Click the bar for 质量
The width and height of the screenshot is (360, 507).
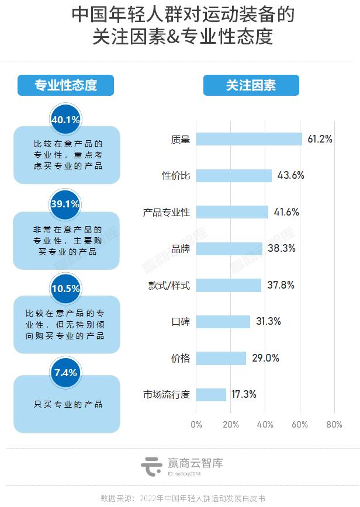tap(249, 139)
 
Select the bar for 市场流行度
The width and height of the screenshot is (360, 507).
tap(211, 394)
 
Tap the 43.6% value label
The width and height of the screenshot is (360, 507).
tap(291, 175)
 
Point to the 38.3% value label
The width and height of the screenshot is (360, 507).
tap(282, 248)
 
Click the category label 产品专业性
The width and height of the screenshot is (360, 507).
tap(167, 212)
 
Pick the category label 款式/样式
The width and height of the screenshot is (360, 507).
tap(169, 285)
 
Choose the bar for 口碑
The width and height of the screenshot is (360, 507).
tap(223, 321)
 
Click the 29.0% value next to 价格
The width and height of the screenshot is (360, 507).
tap(265, 358)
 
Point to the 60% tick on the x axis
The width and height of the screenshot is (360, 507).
tap(299, 425)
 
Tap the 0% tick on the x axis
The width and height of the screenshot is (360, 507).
tap(196, 425)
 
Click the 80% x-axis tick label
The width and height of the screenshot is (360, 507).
tap(334, 425)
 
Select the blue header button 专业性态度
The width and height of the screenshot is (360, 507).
tap(65, 85)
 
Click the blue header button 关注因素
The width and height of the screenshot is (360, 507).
tap(251, 85)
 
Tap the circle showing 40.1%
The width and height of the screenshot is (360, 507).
tap(65, 120)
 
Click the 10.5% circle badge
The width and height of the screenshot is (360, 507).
tap(65, 289)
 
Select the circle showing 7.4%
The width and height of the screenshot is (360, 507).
tap(65, 373)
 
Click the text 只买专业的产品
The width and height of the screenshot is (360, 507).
tap(68, 404)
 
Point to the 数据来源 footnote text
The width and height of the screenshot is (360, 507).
tap(183, 498)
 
